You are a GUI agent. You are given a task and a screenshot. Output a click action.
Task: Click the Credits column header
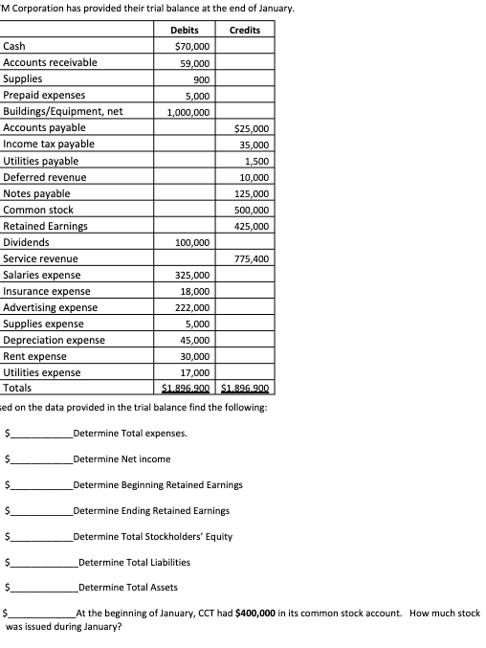tap(245, 30)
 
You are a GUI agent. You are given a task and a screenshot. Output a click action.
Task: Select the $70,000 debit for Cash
tap(193, 46)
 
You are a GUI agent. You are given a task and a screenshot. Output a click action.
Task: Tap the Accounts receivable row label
tap(50, 62)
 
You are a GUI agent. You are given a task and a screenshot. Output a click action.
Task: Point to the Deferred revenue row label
tap(45, 177)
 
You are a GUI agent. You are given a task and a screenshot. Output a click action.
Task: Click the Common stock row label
tap(38, 210)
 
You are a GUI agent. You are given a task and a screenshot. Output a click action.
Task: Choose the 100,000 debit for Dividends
tap(193, 243)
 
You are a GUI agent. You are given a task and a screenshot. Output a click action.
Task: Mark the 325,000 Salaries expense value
tap(193, 276)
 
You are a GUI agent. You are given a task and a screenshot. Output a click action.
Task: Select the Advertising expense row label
tap(51, 307)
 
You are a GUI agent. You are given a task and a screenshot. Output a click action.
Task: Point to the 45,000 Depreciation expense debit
tap(195, 340)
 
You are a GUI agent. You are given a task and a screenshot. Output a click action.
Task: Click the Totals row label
tap(17, 388)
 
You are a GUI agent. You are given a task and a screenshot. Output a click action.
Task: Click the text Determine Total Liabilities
tap(133, 562)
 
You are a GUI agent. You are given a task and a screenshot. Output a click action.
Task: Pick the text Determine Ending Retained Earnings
tap(150, 510)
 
